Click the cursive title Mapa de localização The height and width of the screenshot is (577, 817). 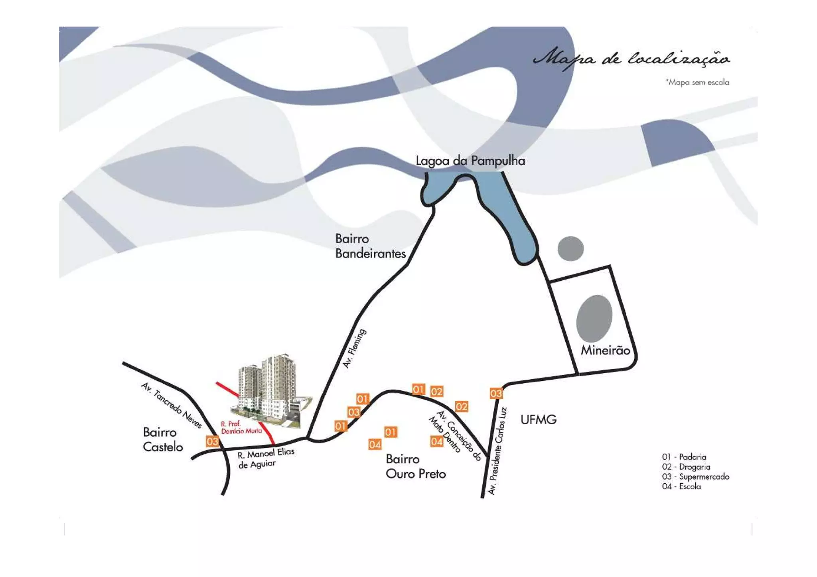click(631, 59)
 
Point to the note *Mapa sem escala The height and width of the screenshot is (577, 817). click(697, 83)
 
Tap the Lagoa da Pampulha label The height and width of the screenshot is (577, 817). click(470, 161)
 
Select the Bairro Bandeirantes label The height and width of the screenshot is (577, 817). click(370, 246)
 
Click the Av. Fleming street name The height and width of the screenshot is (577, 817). click(354, 349)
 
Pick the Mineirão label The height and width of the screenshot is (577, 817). click(605, 351)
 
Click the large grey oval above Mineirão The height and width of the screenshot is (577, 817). click(594, 318)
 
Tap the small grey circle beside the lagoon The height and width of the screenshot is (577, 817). click(570, 248)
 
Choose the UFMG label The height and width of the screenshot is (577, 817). click(538, 419)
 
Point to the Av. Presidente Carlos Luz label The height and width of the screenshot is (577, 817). click(497, 451)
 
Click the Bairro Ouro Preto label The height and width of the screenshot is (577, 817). click(415, 467)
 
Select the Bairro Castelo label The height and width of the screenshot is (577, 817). click(162, 439)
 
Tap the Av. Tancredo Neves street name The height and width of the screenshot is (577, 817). click(172, 405)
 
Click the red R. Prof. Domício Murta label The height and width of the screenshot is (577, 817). click(241, 427)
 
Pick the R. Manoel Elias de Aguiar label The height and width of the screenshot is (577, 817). click(265, 458)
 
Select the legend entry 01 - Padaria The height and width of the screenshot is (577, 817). click(684, 457)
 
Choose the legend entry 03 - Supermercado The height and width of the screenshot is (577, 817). click(695, 477)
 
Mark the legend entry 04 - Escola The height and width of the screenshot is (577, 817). click(681, 486)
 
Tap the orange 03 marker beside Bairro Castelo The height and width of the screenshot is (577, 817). click(212, 441)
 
